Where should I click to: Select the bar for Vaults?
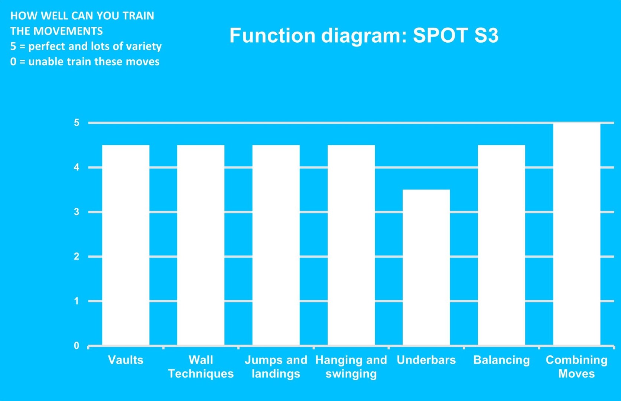126,245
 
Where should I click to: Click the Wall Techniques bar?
201,245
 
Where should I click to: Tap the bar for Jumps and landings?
276,245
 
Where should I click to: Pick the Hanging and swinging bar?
351,245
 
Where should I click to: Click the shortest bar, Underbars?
426,267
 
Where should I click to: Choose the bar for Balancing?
501,245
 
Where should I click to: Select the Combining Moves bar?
577,234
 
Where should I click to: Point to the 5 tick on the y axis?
77,123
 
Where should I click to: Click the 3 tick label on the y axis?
77,212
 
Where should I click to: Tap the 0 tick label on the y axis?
77,346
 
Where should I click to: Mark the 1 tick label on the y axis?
77,301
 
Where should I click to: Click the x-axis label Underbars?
426,360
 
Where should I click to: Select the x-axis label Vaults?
126,360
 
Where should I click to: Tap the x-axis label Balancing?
501,360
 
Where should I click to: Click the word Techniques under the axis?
201,374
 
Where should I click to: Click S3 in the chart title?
487,36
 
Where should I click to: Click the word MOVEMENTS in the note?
68,31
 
